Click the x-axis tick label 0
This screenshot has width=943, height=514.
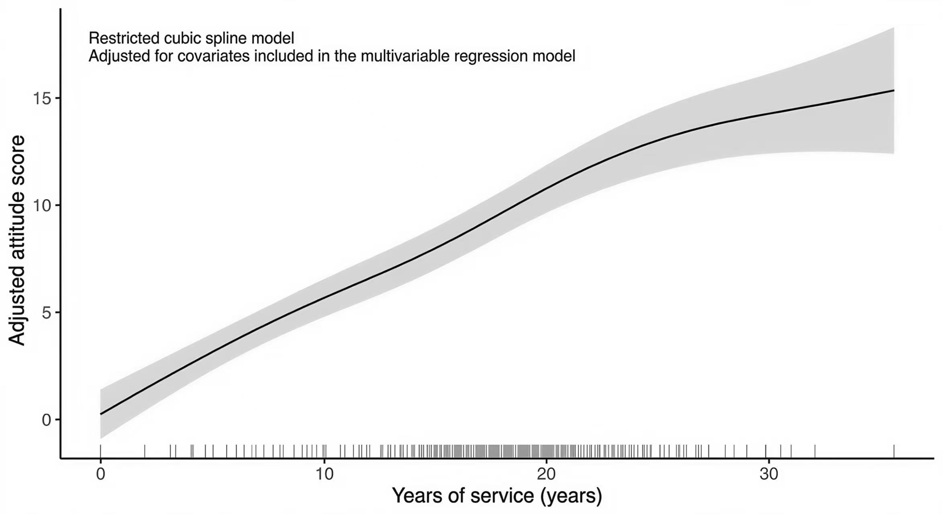[x=100, y=474]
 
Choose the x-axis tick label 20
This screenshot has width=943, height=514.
[x=547, y=474]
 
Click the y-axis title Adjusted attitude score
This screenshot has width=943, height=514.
[x=17, y=240]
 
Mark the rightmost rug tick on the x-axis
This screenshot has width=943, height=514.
[x=894, y=451]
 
